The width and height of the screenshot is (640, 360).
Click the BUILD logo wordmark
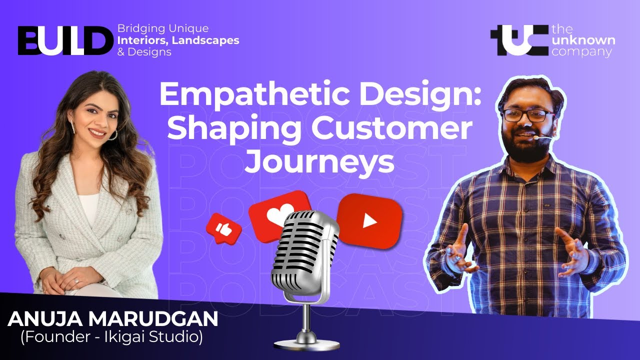65,39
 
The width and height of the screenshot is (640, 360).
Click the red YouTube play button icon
369,220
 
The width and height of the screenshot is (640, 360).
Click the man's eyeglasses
528,115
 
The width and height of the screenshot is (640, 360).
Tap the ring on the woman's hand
76,280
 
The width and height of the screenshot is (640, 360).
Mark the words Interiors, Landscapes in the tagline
178,40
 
